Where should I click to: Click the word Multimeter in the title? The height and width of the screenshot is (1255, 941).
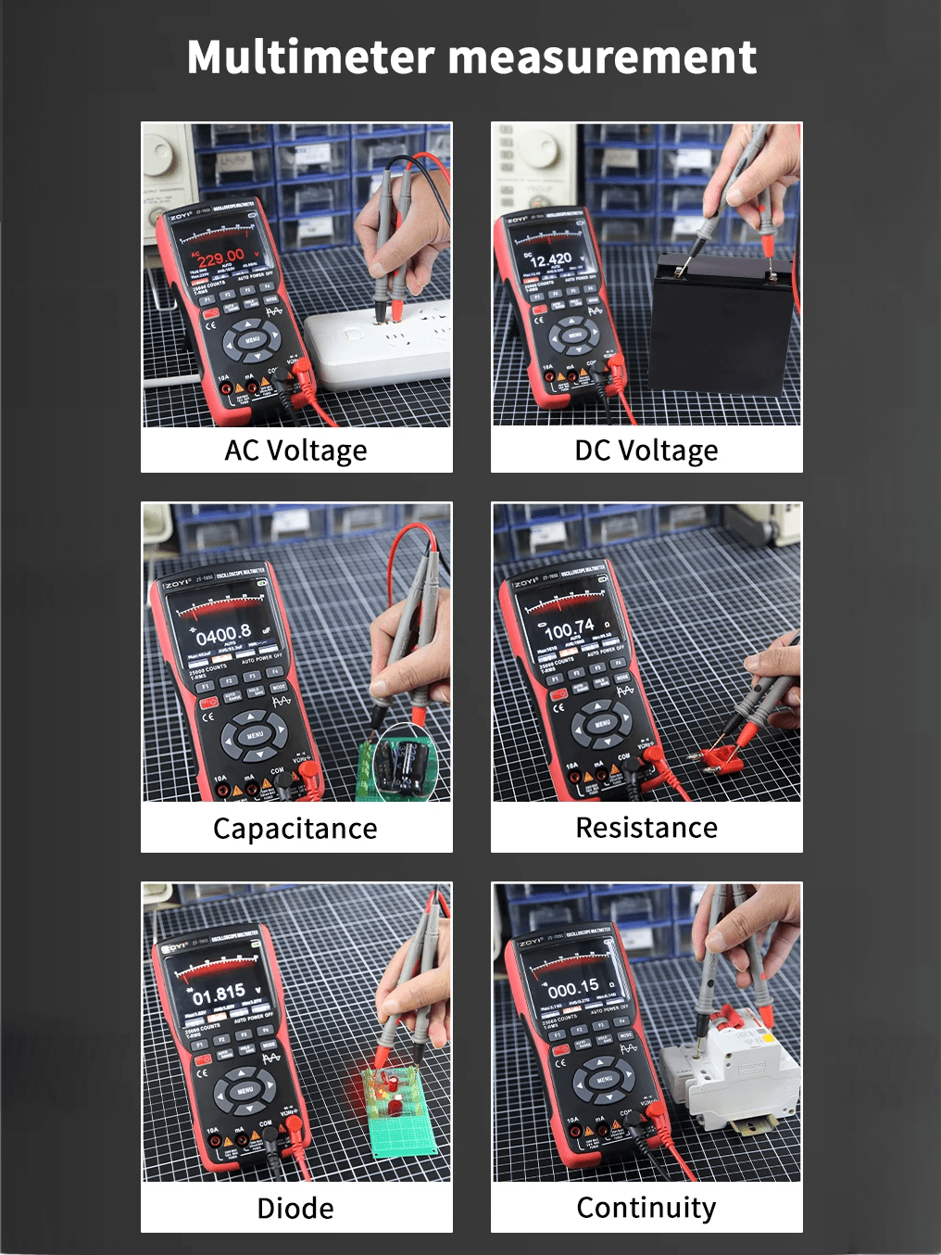point(310,57)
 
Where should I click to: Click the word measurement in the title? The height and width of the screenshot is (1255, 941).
point(602,57)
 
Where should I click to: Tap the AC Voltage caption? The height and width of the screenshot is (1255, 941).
point(295,450)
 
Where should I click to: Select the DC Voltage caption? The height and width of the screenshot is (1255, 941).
point(646,450)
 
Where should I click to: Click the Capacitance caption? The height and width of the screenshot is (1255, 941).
point(295,829)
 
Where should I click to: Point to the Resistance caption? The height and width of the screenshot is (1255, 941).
point(646,828)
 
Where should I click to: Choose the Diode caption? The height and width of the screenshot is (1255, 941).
point(295,1208)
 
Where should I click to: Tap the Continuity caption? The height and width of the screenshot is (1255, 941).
point(646,1208)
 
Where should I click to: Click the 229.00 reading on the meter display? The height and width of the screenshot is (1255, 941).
point(220,256)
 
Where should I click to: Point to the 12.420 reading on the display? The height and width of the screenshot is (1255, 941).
point(551,260)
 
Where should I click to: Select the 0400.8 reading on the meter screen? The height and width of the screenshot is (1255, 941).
point(223,635)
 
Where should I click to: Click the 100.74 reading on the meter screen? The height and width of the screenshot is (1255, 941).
point(569,629)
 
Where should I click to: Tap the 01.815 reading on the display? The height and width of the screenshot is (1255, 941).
point(220,995)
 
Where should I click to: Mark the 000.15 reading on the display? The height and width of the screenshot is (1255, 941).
point(573,988)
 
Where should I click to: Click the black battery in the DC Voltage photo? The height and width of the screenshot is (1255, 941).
point(722,324)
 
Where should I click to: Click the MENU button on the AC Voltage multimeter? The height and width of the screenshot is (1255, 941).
point(253,340)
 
